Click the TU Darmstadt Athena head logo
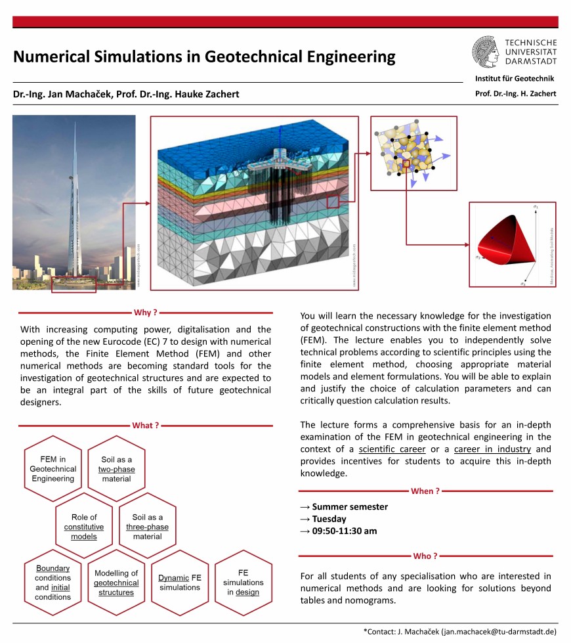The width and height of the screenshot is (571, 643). coord(486,51)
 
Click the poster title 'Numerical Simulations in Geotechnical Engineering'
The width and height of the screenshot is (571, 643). coord(204,56)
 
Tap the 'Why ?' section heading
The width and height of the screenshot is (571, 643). coord(145,313)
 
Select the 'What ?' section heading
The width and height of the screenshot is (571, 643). coord(145,425)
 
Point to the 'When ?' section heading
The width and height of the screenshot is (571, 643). coord(425,491)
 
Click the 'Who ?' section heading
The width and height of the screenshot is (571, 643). coord(425,556)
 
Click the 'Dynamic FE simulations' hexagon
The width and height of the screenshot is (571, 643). coord(180,583)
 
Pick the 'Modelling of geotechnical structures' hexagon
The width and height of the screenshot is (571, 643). coord(116,583)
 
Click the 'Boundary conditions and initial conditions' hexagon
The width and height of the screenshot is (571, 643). coord(53,583)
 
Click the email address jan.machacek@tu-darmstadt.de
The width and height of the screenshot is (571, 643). coord(498,631)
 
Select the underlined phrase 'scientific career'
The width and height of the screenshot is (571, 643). coord(392,449)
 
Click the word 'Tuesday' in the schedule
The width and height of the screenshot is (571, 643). coord(329,519)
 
